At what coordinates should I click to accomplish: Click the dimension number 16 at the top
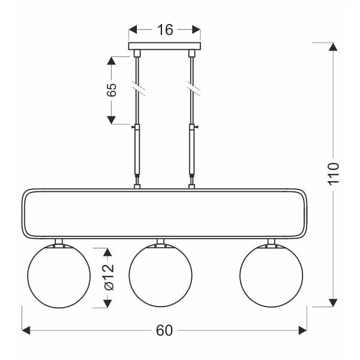pyautogui.click(x=165, y=29)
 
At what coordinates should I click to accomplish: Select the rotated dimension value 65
pyautogui.click(x=111, y=90)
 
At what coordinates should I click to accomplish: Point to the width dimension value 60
pyautogui.click(x=164, y=331)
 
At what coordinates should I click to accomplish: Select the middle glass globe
pyautogui.click(x=160, y=276)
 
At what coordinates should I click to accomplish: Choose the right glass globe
pyautogui.click(x=271, y=276)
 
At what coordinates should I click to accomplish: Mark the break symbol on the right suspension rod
pyautogui.click(x=193, y=90)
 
